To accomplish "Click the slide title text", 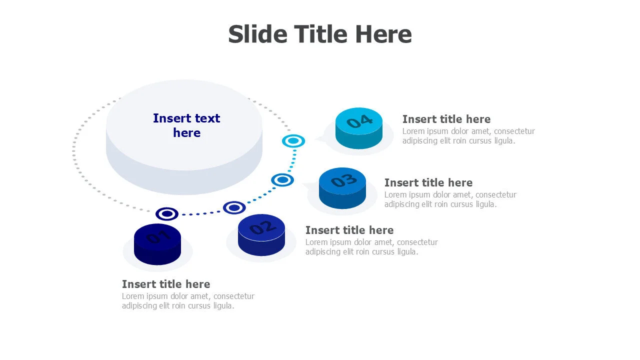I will tap(320, 34).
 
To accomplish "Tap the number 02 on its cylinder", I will tap(261, 227).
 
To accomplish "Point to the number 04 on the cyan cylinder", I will tap(359, 121).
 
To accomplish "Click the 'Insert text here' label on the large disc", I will tap(186, 125).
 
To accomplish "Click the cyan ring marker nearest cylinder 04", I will tap(293, 141).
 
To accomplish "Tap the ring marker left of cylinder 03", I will tap(282, 180).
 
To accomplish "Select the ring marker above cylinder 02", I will tap(234, 207).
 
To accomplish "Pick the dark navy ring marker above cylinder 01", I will tap(167, 214).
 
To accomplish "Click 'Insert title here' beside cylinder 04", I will tap(446, 119).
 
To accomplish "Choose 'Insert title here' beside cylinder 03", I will tap(428, 183).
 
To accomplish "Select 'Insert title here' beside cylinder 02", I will tap(349, 230).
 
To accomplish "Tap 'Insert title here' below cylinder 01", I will tap(166, 284).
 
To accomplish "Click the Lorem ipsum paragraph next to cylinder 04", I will tap(468, 136).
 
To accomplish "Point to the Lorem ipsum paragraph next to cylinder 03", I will tap(450, 199).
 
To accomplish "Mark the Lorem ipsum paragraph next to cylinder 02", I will tap(371, 247).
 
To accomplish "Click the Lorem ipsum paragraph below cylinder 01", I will tap(188, 301).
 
